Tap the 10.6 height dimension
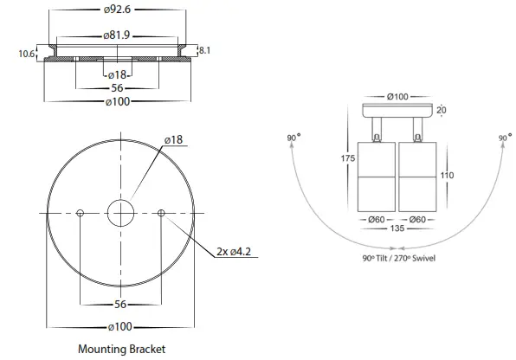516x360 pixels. (x=26, y=54)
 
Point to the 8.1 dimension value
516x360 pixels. (x=205, y=50)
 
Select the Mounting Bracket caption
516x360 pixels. (x=121, y=349)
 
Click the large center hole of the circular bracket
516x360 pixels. (x=120, y=212)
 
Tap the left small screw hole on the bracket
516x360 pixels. (x=80, y=212)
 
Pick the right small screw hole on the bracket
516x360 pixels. (x=161, y=212)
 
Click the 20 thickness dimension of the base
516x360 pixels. (x=442, y=110)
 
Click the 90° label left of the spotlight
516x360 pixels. (x=293, y=138)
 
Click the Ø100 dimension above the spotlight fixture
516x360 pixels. (x=397, y=95)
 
